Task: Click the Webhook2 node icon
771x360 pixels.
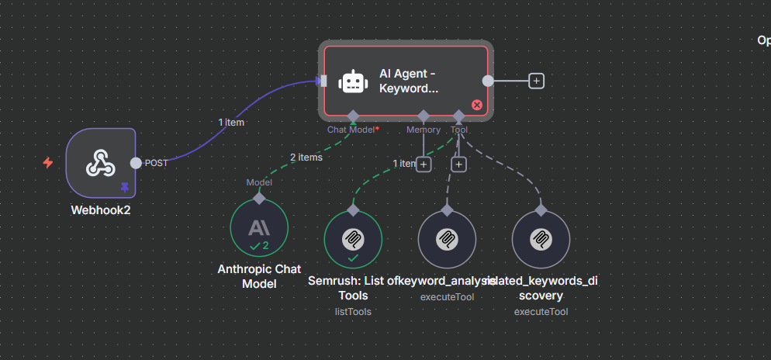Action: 101,162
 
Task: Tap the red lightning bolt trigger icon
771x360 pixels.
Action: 48,163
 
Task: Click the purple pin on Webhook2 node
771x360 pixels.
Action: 124,187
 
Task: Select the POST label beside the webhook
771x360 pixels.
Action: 157,163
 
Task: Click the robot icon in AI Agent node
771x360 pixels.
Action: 353,81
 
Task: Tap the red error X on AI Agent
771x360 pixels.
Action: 477,105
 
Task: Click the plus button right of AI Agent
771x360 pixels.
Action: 536,81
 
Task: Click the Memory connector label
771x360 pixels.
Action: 424,130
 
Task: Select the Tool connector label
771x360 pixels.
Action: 459,130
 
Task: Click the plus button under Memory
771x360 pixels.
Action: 424,164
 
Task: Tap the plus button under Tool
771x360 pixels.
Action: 459,164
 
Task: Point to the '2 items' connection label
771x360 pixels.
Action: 306,157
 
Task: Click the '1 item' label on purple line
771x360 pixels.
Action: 231,122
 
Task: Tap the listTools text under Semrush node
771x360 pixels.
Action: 353,311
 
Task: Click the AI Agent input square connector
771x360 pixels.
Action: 323,81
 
